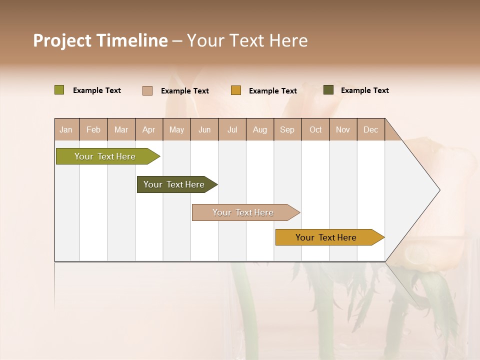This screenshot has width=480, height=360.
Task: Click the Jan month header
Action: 66,129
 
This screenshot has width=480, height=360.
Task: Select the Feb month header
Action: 93,129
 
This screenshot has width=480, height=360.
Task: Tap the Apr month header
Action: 148,129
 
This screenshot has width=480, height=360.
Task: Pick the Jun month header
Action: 204,129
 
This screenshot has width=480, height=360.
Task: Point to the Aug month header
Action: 259,129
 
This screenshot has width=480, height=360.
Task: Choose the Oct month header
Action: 315,129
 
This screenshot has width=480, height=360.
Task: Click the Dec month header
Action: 370,129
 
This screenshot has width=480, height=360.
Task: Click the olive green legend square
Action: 59,90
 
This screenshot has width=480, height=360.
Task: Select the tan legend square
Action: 147,90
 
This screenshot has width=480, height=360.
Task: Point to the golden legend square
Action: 235,90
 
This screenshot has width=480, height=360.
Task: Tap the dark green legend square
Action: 328,90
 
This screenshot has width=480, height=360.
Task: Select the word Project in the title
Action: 63,40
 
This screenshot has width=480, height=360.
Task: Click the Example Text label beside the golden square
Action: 272,91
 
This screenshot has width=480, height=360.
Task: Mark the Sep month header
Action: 287,129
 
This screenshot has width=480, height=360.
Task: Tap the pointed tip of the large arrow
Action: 438,190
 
